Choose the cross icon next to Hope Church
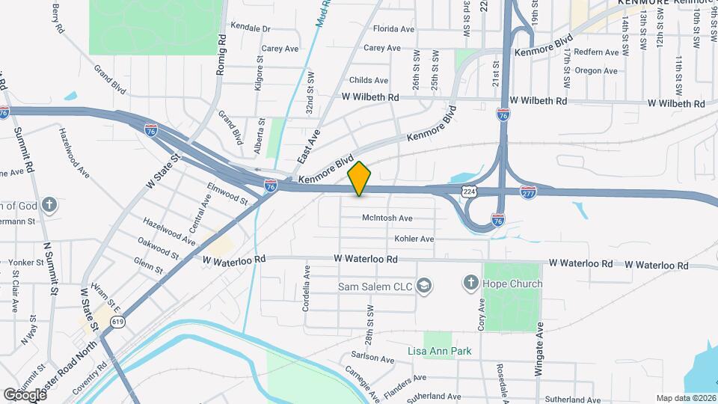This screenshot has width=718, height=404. [470, 283]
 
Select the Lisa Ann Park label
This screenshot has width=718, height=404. [435, 351]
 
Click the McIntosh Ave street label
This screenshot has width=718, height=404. [387, 218]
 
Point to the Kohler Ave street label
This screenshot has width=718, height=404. [414, 239]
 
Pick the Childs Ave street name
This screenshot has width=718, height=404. [369, 80]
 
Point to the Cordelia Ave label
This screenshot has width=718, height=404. [306, 279]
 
